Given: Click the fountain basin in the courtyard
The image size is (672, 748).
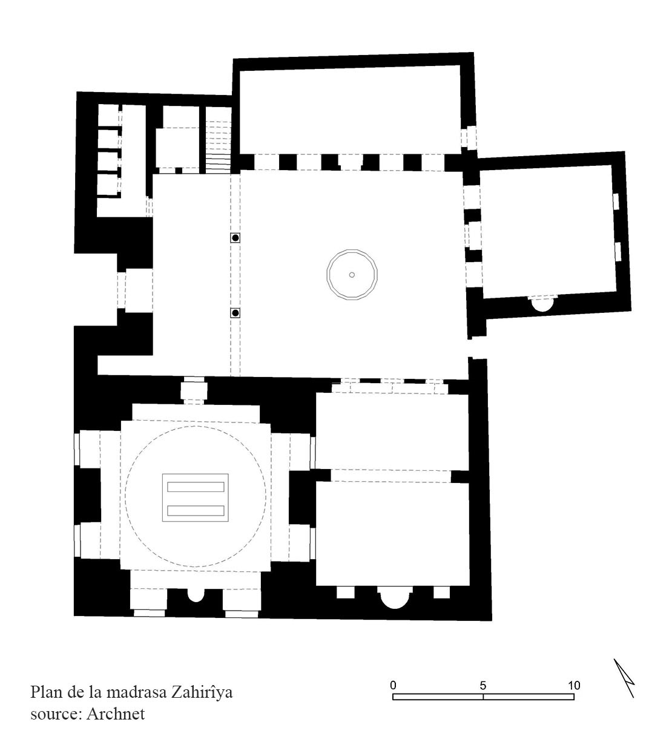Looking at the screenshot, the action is pos(352,275).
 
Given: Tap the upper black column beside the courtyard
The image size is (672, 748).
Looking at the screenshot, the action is pos(236,238).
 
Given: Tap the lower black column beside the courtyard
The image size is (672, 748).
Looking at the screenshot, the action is pos(236,313).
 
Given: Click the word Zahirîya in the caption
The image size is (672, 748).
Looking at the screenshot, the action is pos(202,693).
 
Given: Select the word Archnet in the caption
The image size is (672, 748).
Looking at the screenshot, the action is pos(116,714).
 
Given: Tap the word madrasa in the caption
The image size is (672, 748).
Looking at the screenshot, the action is pos(136,693).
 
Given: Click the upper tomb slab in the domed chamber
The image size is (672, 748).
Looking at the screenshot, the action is pos(196,487).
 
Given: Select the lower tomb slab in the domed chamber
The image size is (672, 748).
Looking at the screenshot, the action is pos(196,511).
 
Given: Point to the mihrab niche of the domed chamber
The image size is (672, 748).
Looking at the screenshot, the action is pos(196,595).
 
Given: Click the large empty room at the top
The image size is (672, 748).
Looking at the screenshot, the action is pos(350,110).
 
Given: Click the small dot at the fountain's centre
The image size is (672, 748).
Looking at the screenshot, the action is pos(352,275).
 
